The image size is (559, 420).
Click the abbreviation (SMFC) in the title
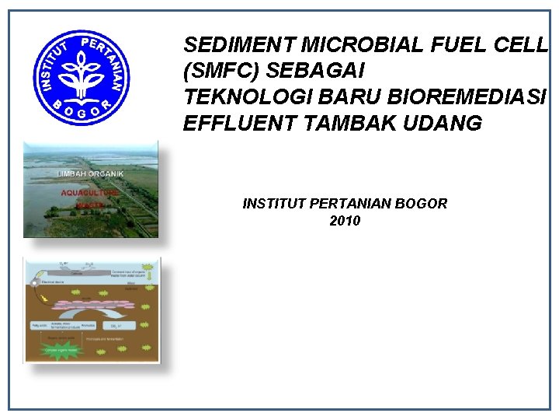220,71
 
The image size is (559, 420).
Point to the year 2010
345,221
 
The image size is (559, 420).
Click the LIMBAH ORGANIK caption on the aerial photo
89,174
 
